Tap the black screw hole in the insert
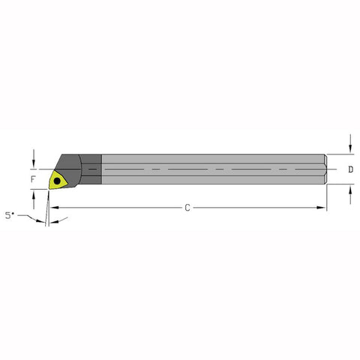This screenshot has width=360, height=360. coord(58,180)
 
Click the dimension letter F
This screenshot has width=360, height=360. coord(32,181)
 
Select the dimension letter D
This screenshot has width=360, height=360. coord(351,169)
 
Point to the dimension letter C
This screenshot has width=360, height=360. coord(186,207)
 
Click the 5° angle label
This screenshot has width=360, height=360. coord(9,215)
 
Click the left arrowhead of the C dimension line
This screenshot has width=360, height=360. coord(53,207)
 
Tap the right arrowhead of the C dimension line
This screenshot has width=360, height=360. coord(322,207)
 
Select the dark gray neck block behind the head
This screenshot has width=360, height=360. coord(91,169)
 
